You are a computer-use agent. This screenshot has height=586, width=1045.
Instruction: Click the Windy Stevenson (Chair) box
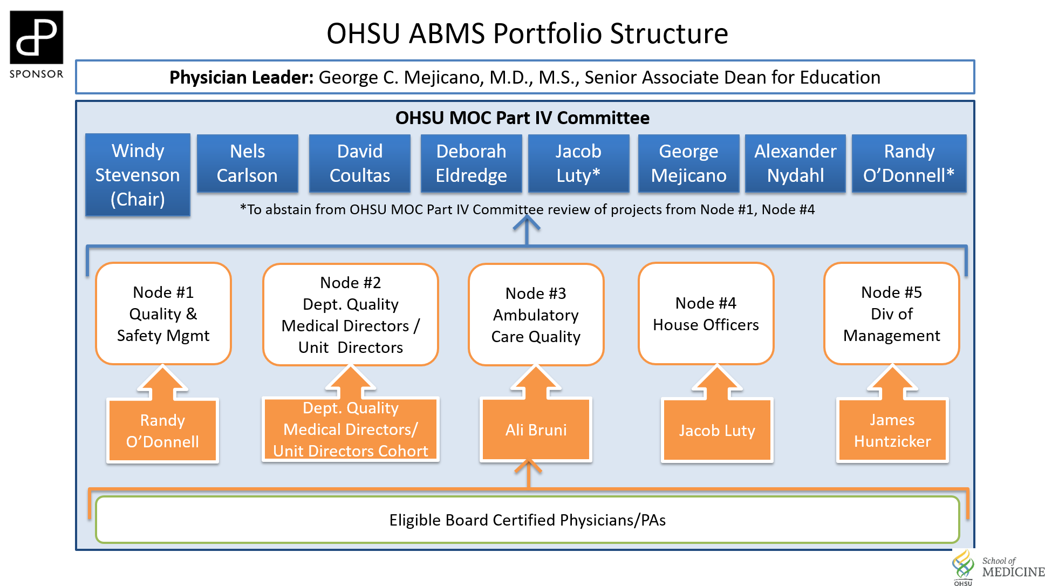[x=138, y=175]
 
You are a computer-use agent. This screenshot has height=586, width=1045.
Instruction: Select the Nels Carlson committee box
[x=247, y=163]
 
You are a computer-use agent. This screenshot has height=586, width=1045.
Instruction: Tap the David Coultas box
[x=359, y=163]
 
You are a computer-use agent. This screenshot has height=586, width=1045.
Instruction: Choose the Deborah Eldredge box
[x=471, y=163]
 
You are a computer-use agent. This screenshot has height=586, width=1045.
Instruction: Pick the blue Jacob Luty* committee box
[x=578, y=163]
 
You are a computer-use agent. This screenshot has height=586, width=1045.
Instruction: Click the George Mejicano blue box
[x=688, y=163]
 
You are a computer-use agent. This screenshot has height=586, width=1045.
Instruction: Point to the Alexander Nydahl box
[x=795, y=163]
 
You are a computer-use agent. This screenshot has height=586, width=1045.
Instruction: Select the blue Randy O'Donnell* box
[x=909, y=163]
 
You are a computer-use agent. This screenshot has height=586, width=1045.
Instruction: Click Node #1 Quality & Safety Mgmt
[x=163, y=314]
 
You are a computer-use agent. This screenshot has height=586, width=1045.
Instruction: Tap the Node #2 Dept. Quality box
[x=351, y=315]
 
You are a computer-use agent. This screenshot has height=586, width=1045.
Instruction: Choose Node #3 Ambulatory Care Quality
[x=536, y=315]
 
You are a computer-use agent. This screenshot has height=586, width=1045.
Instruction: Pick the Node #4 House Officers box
[x=706, y=314]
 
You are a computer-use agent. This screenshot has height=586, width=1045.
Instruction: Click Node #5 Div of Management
[x=892, y=314]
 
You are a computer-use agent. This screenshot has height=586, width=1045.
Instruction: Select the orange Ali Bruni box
[x=536, y=430]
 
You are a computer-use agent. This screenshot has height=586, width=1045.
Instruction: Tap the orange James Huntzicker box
[x=892, y=430]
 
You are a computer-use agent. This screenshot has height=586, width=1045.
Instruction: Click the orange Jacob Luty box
[x=717, y=430]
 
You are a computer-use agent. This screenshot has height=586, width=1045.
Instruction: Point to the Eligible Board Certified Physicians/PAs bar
[x=527, y=520]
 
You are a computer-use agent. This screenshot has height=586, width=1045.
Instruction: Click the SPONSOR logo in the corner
[x=37, y=41]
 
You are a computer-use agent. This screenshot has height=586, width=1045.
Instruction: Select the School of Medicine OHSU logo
[x=999, y=568]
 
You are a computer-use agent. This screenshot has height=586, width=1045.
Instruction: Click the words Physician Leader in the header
[x=241, y=78]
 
